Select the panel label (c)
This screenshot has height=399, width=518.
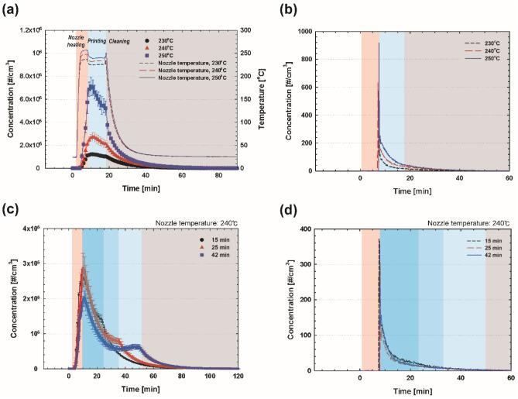click(11, 210)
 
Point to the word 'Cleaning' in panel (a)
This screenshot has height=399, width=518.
click(120, 40)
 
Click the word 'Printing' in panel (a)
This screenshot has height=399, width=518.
click(98, 40)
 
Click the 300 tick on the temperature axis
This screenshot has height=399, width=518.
click(241, 31)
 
